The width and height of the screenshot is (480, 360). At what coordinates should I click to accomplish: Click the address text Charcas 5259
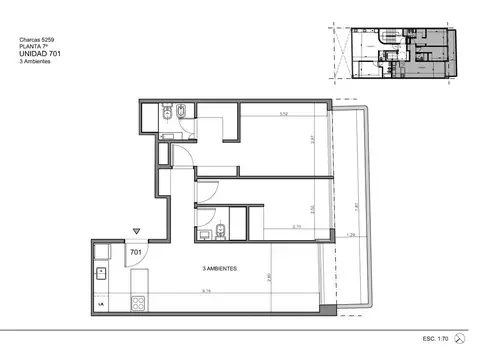pos(37,39)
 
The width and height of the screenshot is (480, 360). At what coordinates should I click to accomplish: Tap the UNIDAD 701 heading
pos(41,54)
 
